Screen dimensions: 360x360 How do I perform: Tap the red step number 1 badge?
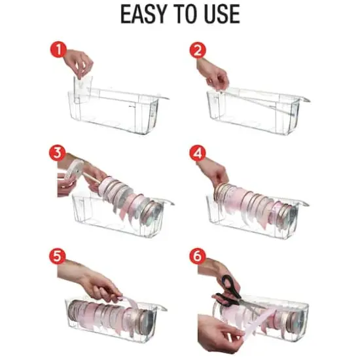click(59, 50)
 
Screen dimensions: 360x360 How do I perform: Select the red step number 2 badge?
click(198, 50)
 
